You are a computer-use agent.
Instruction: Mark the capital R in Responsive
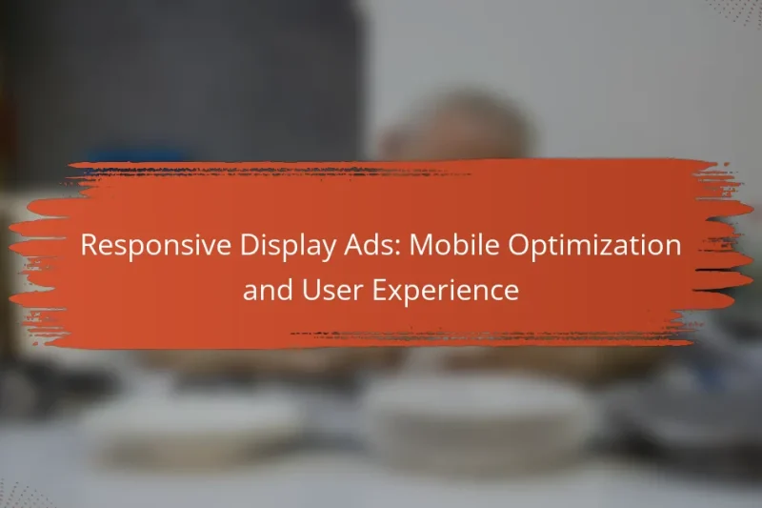[88, 246]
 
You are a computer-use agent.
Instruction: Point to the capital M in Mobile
[403, 246]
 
